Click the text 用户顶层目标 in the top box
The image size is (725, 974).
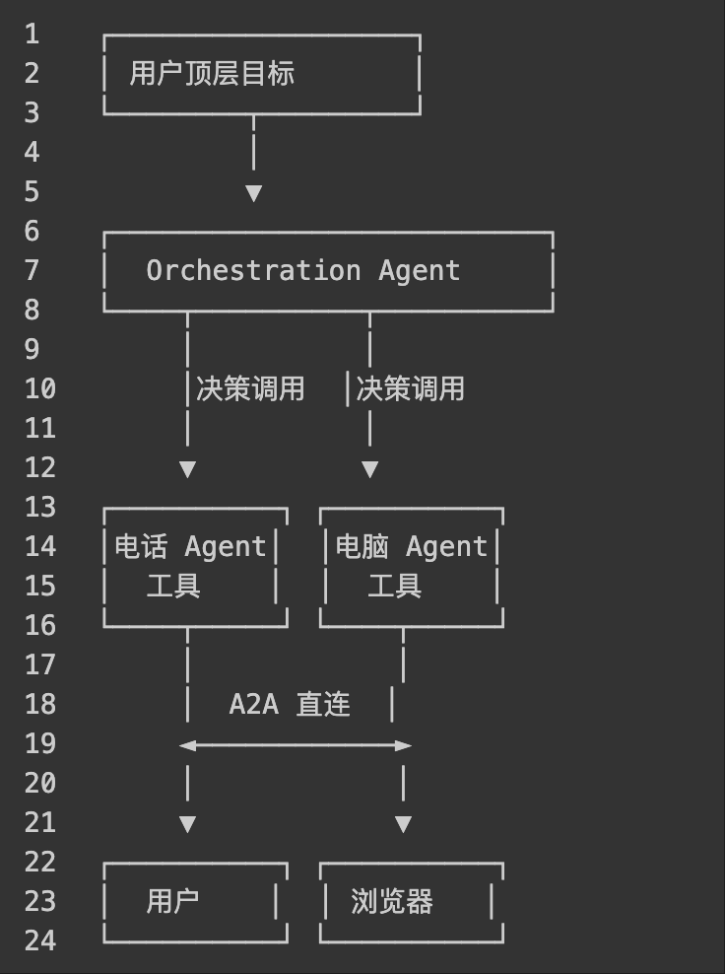click(212, 74)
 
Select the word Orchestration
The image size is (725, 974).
click(253, 270)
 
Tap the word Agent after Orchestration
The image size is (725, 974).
click(420, 270)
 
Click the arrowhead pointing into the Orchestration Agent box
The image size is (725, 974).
click(253, 193)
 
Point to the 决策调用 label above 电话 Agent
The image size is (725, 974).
click(250, 388)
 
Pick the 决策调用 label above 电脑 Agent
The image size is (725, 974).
click(410, 388)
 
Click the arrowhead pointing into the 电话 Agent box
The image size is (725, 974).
click(187, 469)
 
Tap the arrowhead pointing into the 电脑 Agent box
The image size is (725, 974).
click(369, 469)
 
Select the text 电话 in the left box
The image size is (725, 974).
click(141, 546)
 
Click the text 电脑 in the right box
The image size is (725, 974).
click(362, 546)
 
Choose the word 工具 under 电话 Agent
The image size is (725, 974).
click(173, 587)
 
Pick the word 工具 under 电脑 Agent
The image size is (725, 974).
click(394, 587)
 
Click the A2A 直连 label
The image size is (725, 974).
click(290, 704)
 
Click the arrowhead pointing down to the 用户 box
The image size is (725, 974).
click(187, 824)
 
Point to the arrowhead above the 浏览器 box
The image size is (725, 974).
click(403, 824)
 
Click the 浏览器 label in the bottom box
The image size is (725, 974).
click(392, 902)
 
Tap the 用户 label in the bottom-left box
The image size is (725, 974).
click(173, 901)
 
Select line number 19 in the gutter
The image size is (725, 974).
click(40, 743)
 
